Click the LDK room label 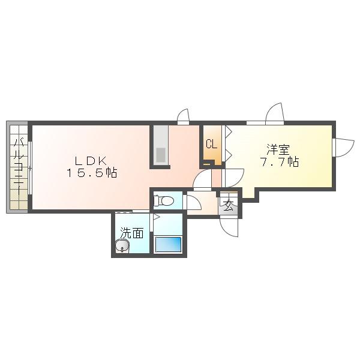91,161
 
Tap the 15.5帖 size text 92,173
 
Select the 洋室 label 278,149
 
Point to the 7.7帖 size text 279,163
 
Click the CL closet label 211,145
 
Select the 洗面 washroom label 132,233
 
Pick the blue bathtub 169,244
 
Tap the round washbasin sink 122,246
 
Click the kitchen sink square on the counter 161,155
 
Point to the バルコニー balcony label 19,164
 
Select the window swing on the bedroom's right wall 344,148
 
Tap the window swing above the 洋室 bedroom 275,113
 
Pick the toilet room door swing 193,202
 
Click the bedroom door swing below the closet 234,178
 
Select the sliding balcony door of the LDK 30,168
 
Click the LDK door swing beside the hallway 202,179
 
